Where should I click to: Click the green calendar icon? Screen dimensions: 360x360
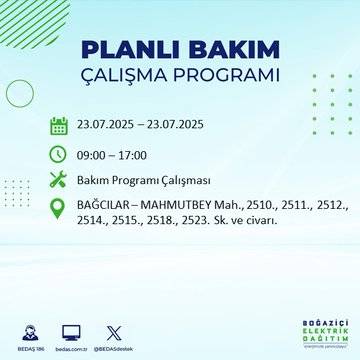59,127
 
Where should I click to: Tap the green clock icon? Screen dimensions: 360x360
59,154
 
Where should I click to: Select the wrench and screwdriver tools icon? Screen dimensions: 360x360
59,181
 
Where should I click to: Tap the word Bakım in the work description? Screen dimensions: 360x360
96,181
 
